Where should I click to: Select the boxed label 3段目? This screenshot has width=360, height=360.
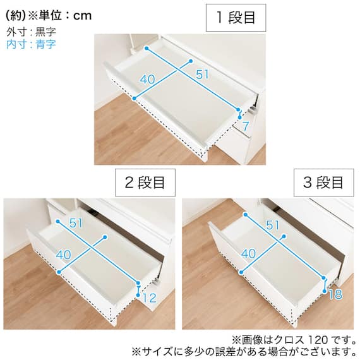[324, 183]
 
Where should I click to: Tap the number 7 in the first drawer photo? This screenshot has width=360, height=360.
[245, 126]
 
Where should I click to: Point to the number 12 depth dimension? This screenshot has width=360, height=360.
[149, 297]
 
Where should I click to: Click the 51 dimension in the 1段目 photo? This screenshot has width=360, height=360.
[202, 75]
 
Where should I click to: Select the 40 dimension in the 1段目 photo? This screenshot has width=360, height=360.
[147, 80]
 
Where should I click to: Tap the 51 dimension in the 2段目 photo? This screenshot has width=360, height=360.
[76, 223]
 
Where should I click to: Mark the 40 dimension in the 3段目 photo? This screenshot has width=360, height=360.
[248, 253]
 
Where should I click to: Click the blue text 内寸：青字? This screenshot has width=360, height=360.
[31, 44]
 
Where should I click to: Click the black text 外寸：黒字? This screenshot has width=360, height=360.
[31, 32]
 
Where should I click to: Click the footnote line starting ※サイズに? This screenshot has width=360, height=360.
[243, 351]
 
